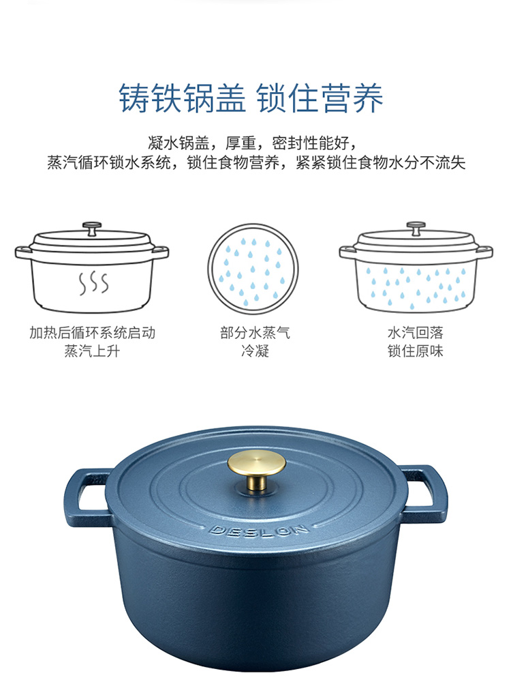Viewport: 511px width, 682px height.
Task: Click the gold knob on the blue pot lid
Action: tap(255, 466)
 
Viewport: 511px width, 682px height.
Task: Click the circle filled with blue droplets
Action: tap(254, 268)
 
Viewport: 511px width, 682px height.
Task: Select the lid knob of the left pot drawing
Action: tap(91, 226)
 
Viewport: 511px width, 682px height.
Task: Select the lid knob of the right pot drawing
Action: tap(416, 225)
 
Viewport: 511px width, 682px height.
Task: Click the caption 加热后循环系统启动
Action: tap(92, 333)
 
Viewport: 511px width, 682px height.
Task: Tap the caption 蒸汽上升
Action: tap(92, 352)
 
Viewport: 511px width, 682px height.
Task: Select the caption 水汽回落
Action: tap(416, 333)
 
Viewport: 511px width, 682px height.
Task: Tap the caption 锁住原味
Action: tap(416, 352)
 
